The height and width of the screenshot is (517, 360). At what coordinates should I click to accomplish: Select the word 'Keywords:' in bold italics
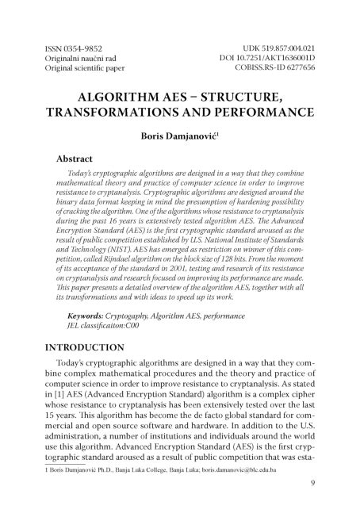tap(87, 316)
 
